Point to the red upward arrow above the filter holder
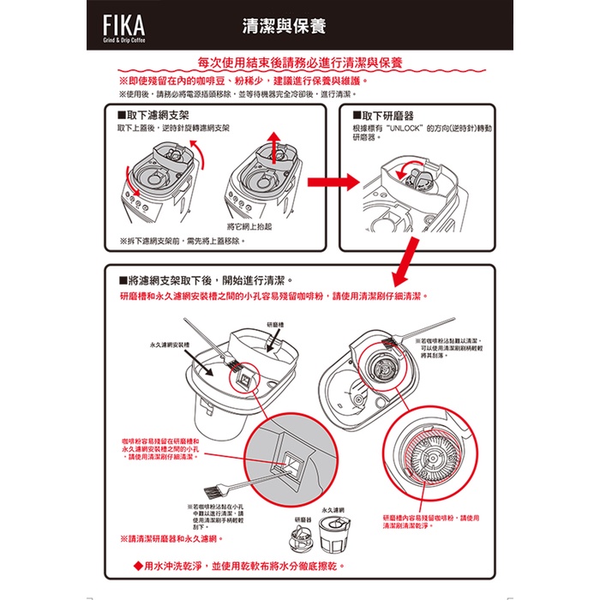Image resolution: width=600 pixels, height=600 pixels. (274, 147)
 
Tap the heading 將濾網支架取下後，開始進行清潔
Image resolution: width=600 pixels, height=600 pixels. (209, 279)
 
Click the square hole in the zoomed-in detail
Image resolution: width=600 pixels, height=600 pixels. (291, 464)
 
